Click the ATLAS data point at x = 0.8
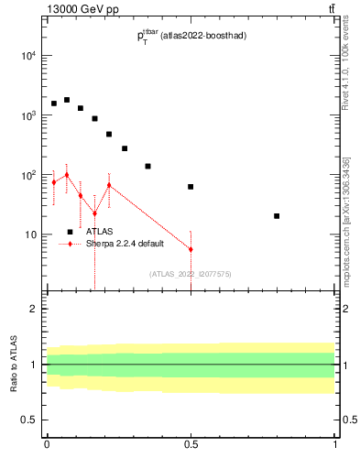click(277, 216)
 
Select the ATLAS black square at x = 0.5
click(191, 187)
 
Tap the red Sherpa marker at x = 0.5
click(191, 249)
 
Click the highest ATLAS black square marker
click(67, 100)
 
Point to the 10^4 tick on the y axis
click(28, 56)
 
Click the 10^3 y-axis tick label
click(28, 115)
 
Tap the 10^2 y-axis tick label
click(28, 175)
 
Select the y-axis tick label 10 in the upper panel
click(30, 234)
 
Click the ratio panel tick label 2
click(34, 309)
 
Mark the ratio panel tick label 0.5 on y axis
click(29, 420)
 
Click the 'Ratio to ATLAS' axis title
click(13, 365)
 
